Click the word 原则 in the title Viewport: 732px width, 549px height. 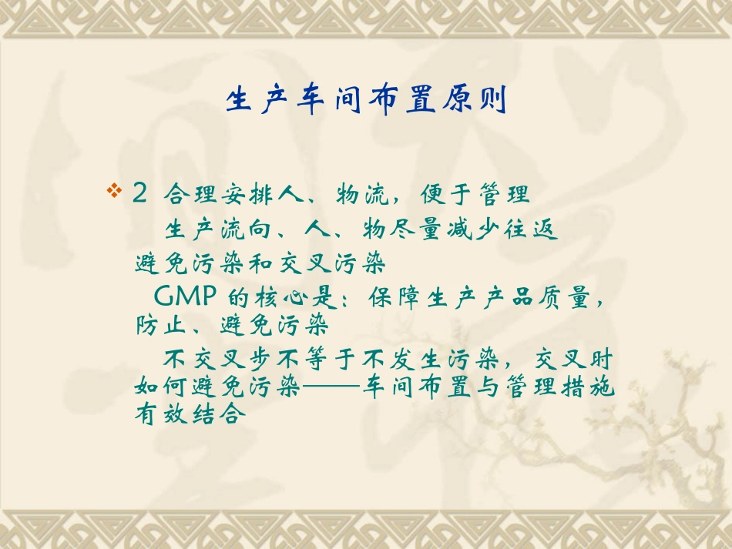click(482, 101)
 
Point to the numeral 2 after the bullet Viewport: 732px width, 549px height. click(139, 193)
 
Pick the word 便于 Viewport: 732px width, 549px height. click(441, 194)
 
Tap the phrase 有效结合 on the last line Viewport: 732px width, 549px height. click(190, 415)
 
